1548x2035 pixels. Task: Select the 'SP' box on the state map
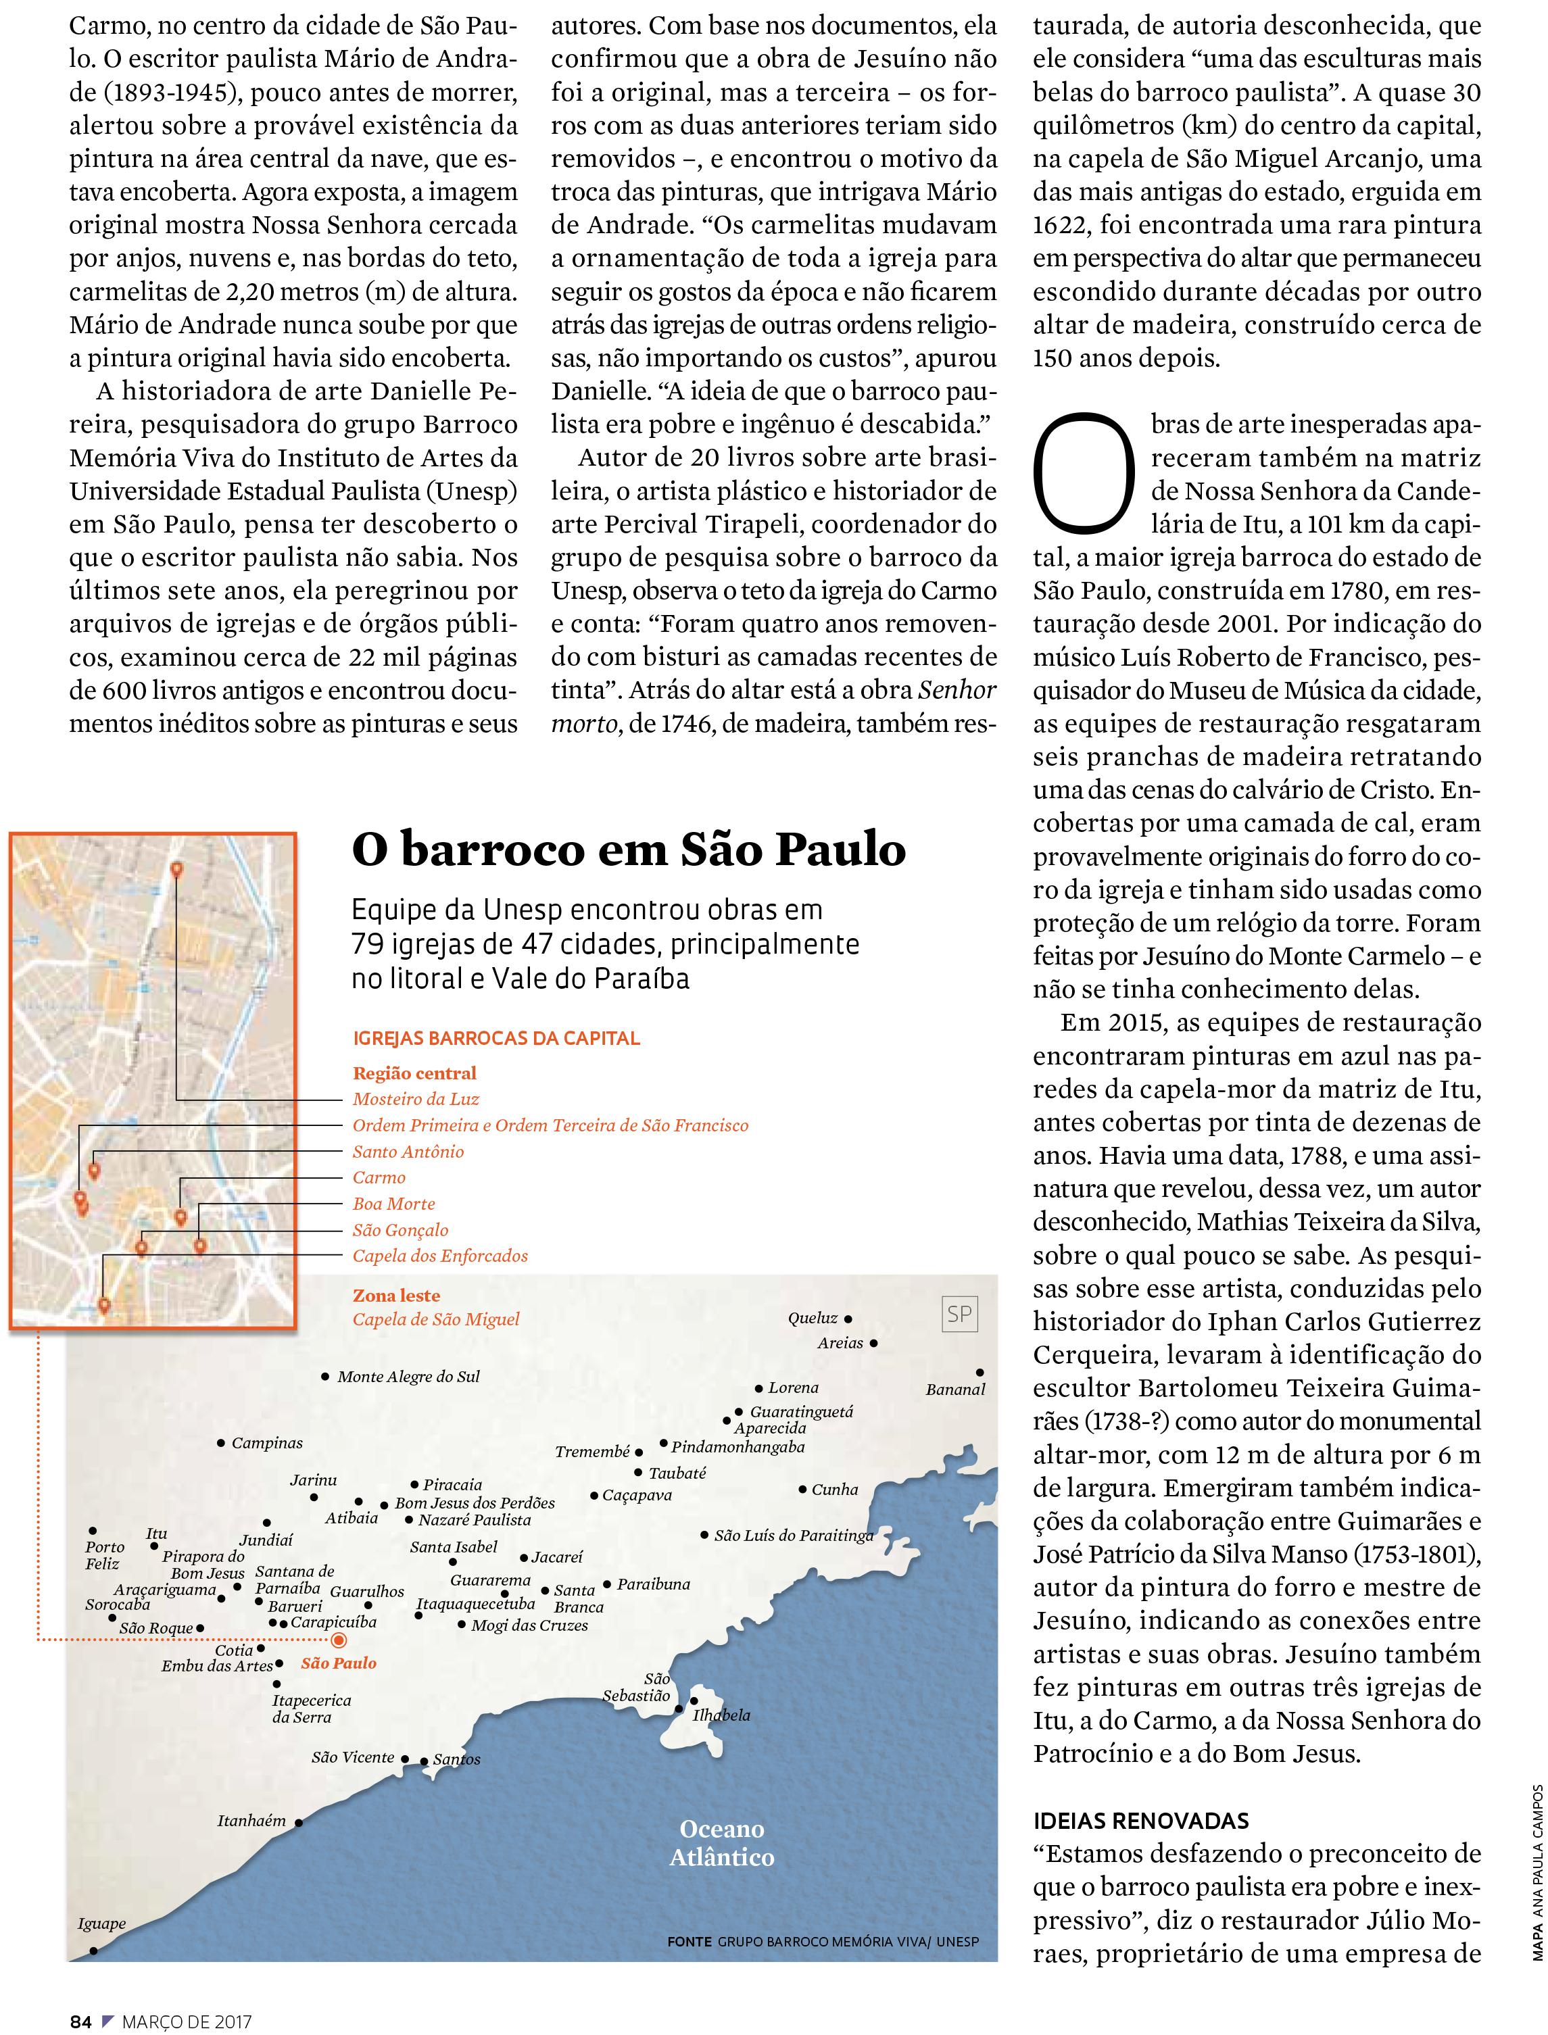point(959,1315)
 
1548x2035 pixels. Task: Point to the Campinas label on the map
point(266,1443)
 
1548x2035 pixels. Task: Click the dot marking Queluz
point(848,1319)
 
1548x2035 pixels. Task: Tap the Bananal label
point(956,1389)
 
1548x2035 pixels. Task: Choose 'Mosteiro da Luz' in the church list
point(416,1099)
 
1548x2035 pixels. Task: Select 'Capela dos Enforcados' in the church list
point(441,1256)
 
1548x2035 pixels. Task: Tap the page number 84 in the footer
point(81,2022)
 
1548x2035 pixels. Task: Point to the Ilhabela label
point(721,1715)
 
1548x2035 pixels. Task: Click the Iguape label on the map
point(101,1923)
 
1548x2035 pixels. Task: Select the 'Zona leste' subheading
point(396,1295)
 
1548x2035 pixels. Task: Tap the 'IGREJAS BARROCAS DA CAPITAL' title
point(495,1038)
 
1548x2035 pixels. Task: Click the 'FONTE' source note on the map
point(690,1941)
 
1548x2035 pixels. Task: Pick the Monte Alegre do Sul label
point(408,1376)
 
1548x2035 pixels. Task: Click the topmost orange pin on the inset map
point(177,868)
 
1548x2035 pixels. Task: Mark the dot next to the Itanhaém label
point(299,1822)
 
